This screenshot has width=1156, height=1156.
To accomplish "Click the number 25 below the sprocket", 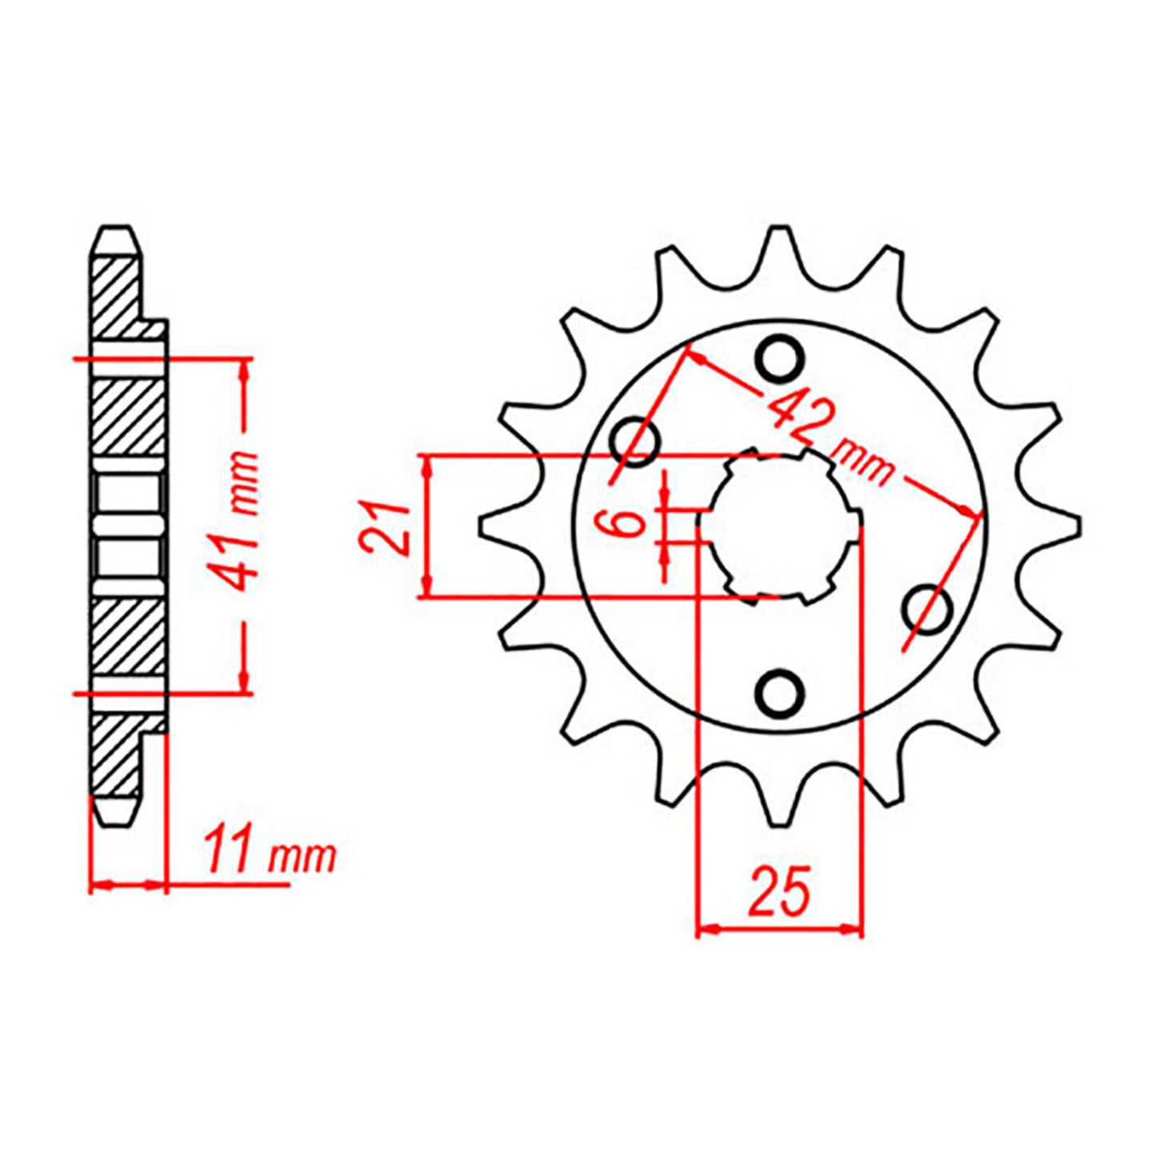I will click(779, 890).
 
